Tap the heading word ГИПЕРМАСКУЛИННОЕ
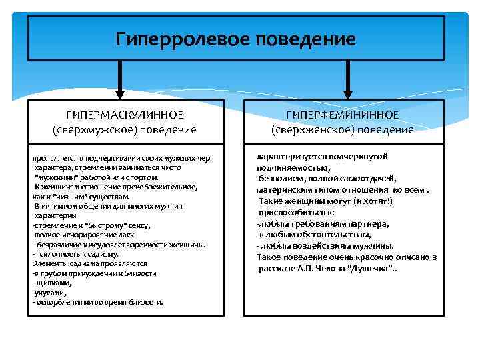(124, 115)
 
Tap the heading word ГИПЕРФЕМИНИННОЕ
(343, 115)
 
